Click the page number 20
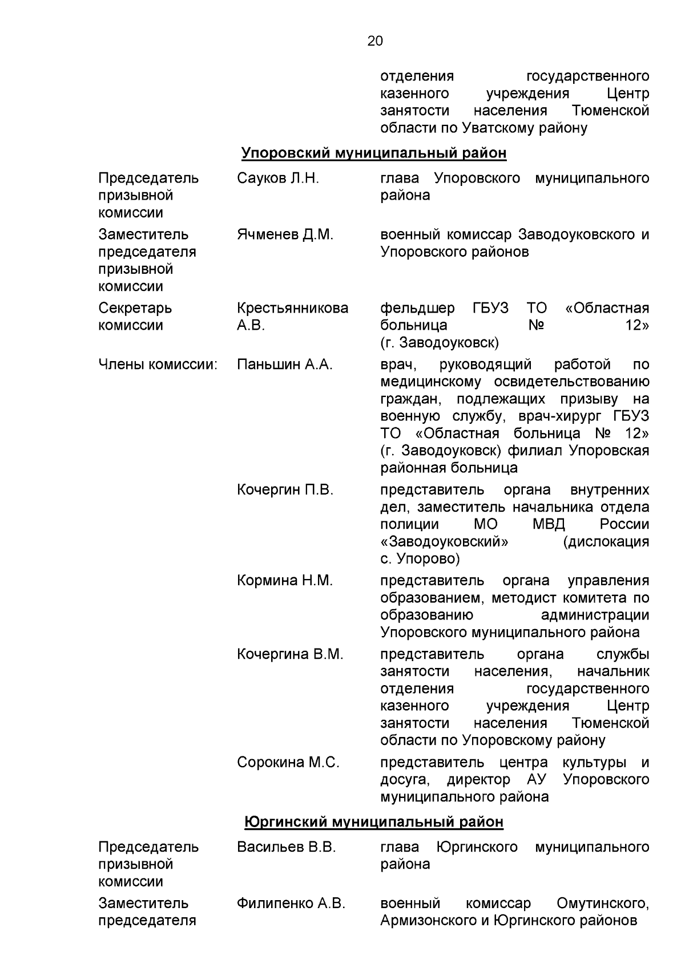point(375,41)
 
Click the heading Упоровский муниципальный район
point(374,153)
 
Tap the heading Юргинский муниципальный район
point(374,822)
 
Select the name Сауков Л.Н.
point(278,179)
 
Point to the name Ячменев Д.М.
point(285,234)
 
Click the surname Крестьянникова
point(292,309)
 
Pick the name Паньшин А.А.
point(284,364)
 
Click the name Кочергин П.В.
point(285,490)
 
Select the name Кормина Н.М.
point(284,581)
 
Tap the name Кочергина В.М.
point(290,654)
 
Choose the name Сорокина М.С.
point(288,763)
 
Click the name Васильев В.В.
point(287,848)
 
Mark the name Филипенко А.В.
point(291,904)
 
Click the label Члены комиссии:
point(158,364)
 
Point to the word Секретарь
point(135,309)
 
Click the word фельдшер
point(417,309)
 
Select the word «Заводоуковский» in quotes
point(444,542)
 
